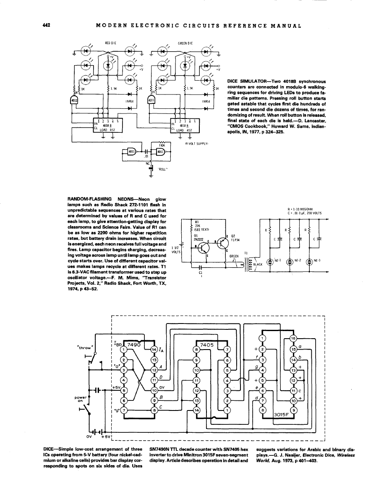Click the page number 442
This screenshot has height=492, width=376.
(x=47, y=25)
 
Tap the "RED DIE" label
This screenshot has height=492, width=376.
(x=110, y=43)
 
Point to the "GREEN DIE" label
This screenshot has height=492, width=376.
(x=185, y=43)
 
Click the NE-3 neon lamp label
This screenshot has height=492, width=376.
(x=317, y=260)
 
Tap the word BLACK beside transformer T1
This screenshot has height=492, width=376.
(x=257, y=264)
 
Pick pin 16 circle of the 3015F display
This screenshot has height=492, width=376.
(x=293, y=339)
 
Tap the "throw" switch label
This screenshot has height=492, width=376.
(x=86, y=347)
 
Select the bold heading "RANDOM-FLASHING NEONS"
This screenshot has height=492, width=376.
(x=104, y=198)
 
